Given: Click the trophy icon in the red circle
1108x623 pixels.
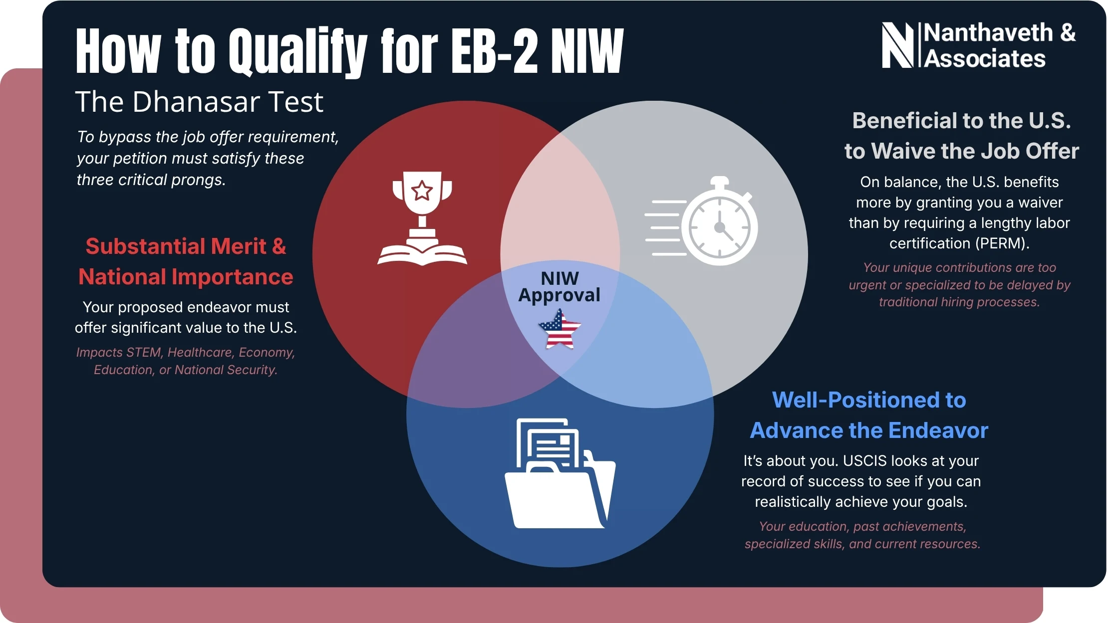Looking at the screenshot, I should [422, 200].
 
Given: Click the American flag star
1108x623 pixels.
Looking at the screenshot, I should [559, 329].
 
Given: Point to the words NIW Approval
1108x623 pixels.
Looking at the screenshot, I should [559, 287].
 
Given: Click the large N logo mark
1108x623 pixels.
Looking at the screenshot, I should [897, 45].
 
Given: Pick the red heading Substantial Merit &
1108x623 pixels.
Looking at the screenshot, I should [186, 246].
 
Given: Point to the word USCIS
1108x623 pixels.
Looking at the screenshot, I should [873, 461].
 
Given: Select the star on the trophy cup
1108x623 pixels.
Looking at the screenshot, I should [422, 190].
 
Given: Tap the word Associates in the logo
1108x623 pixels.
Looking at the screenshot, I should [984, 59].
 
